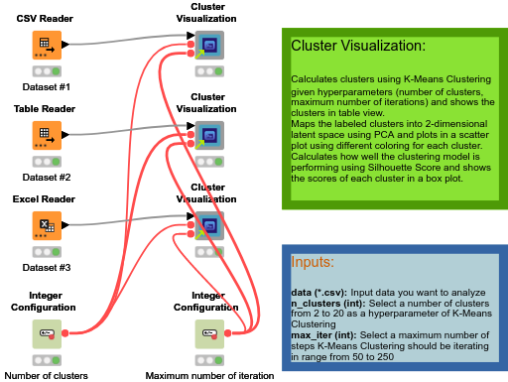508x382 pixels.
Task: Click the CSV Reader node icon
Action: pos(46,45)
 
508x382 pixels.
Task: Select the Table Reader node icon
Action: pos(46,134)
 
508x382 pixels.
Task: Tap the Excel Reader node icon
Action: pos(46,224)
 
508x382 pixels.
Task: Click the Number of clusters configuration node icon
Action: pos(46,333)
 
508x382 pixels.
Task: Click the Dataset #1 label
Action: pos(46,87)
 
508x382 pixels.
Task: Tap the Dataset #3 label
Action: pos(46,267)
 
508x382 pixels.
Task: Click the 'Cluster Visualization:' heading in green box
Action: pos(357,47)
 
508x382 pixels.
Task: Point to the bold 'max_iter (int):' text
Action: pos(324,335)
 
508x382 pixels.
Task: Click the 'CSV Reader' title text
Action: pos(46,18)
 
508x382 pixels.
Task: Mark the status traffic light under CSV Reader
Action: pos(46,71)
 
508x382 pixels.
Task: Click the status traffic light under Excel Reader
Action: pos(46,251)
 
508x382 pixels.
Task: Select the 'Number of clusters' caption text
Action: pos(46,376)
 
